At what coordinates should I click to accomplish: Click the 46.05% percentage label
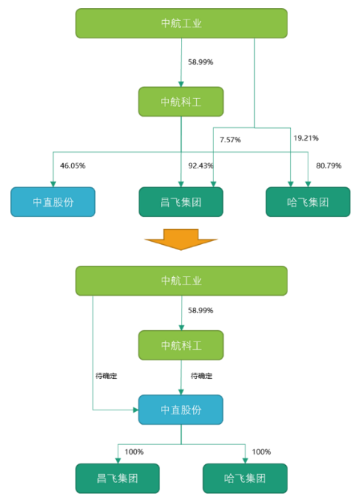pyautogui.click(x=73, y=166)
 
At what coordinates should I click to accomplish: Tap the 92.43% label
pyautogui.click(x=201, y=166)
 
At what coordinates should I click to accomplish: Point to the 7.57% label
pyautogui.click(x=231, y=140)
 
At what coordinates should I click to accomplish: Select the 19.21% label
pyautogui.click(x=306, y=138)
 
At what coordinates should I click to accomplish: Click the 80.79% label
pyautogui.click(x=329, y=166)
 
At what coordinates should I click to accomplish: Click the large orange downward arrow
pyautogui.click(x=181, y=240)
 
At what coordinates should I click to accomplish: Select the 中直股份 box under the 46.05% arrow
pyautogui.click(x=53, y=202)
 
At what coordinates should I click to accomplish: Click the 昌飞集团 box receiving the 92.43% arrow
pyautogui.click(x=181, y=202)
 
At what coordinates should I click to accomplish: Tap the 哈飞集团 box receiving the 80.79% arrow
pyautogui.click(x=308, y=202)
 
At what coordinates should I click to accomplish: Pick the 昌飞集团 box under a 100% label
pyautogui.click(x=118, y=479)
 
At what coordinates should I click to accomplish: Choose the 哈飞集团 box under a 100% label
pyautogui.click(x=245, y=479)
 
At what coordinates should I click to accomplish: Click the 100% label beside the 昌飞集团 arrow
pyautogui.click(x=134, y=452)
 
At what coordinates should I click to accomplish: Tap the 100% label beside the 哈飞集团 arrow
pyautogui.click(x=261, y=452)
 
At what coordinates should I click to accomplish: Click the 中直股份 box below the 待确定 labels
pyautogui.click(x=181, y=410)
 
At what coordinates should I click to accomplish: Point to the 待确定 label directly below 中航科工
pyautogui.click(x=201, y=376)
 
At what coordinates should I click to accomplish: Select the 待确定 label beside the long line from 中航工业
pyautogui.click(x=106, y=376)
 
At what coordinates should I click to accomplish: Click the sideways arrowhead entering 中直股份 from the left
pyautogui.click(x=136, y=410)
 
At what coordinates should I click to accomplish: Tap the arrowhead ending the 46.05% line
pyautogui.click(x=53, y=184)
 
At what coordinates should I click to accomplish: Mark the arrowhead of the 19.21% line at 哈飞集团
pyautogui.click(x=290, y=184)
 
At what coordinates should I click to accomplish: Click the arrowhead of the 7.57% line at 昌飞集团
pyautogui.click(x=213, y=184)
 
